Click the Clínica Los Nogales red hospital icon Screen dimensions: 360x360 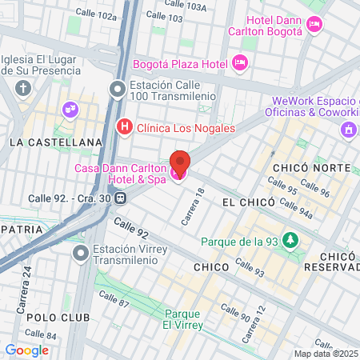click(x=124, y=126)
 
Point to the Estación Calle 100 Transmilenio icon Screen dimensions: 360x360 click(x=118, y=89)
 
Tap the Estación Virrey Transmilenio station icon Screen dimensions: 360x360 click(x=80, y=254)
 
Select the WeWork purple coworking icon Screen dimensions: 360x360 click(x=347, y=129)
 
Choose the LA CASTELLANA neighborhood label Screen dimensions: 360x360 click(x=56, y=142)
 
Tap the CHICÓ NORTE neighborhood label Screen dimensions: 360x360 click(x=311, y=167)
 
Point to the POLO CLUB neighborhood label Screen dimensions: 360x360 click(x=52, y=318)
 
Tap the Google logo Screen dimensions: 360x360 click(x=26, y=350)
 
